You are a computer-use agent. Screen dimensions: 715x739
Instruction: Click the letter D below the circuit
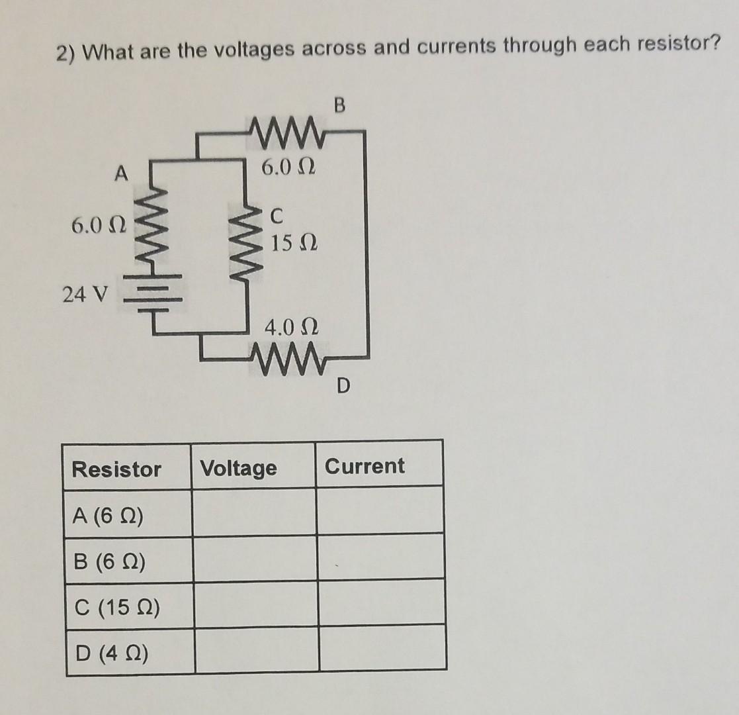[341, 385]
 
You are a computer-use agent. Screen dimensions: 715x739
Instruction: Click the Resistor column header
[116, 469]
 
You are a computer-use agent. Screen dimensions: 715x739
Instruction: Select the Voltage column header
[239, 469]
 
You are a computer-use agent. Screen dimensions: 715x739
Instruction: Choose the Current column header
[365, 466]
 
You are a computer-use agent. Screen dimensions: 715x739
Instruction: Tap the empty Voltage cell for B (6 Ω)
[254, 559]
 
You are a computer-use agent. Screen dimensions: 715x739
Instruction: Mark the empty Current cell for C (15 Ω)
[382, 603]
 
